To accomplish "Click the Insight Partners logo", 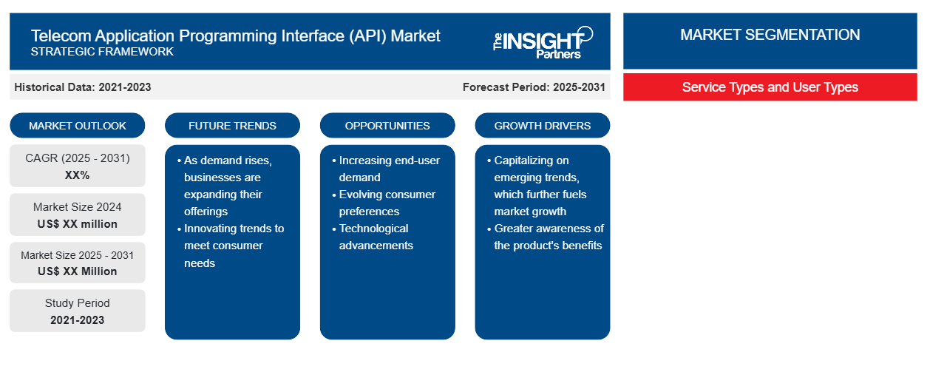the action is coord(543,43).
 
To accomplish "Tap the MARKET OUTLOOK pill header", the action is coord(78,126).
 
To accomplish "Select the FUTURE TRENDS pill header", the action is coord(232,126).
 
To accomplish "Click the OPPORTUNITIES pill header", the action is coord(387,126).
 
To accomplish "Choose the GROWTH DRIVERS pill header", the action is coord(542,126).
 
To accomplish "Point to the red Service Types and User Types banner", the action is coord(770,87).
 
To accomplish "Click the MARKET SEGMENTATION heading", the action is coord(770,35).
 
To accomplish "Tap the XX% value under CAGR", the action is coord(78,175).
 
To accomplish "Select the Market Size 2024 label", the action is coord(78,207).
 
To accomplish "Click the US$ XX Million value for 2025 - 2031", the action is coord(78,271).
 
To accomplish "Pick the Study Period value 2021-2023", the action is coord(78,320).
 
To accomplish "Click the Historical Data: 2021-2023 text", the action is coord(83,87).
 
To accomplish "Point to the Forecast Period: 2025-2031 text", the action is coord(534,87).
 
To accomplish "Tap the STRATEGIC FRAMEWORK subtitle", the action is coord(102,52).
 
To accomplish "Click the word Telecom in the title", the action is coord(61,36).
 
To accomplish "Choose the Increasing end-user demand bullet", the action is coord(386,169).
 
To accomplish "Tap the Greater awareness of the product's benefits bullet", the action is coord(546,237).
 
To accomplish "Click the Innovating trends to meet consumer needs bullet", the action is coord(231,246).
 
